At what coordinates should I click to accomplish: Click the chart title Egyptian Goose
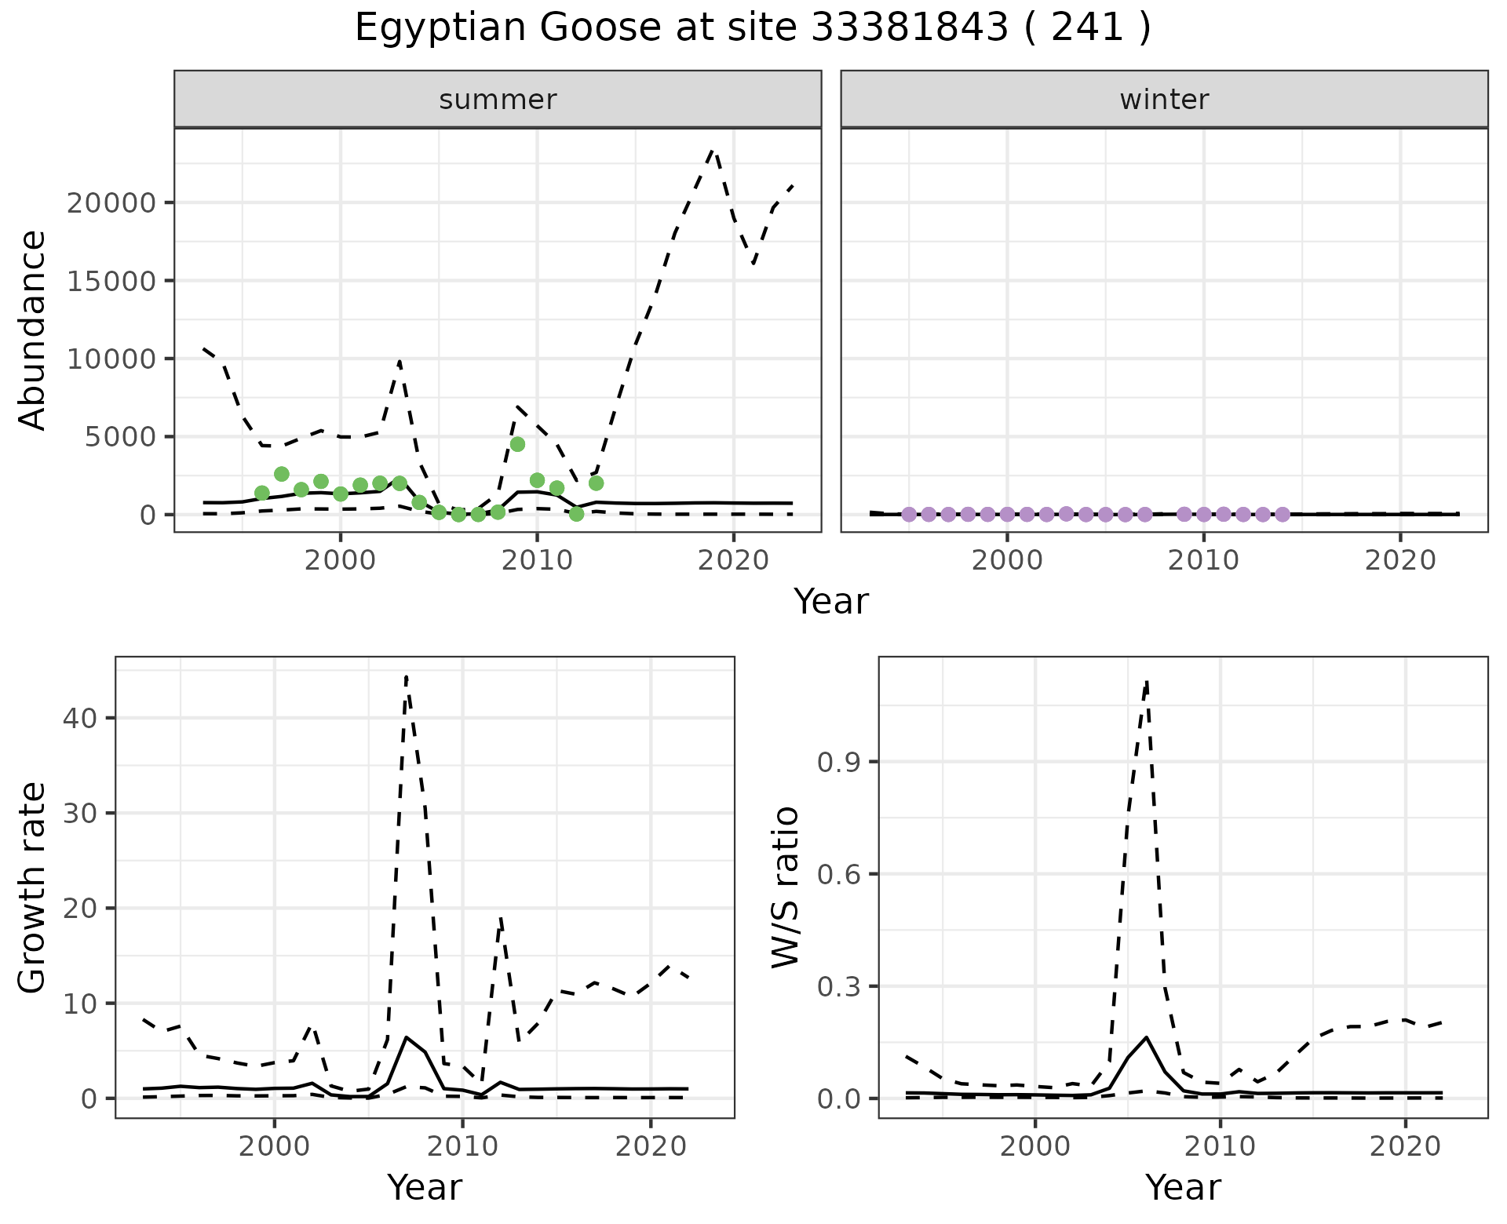pyautogui.click(x=752, y=28)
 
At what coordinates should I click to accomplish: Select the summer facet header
pyautogui.click(x=498, y=100)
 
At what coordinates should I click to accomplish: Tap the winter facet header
pyautogui.click(x=1164, y=100)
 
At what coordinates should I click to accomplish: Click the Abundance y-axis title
pyautogui.click(x=33, y=330)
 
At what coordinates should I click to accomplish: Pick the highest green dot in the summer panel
pyautogui.click(x=517, y=444)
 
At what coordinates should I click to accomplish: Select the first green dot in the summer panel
pyautogui.click(x=262, y=493)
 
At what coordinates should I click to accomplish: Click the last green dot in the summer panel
pyautogui.click(x=596, y=483)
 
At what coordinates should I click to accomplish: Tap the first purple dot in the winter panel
pyautogui.click(x=909, y=514)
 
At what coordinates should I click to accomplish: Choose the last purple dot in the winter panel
pyautogui.click(x=1283, y=514)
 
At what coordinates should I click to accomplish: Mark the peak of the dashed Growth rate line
pyautogui.click(x=406, y=676)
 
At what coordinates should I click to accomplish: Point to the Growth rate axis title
pyautogui.click(x=33, y=887)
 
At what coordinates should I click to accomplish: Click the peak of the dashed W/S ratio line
pyautogui.click(x=1147, y=681)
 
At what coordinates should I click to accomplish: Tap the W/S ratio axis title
pyautogui.click(x=785, y=887)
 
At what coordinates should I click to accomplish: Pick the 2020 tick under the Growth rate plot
pyautogui.click(x=651, y=1146)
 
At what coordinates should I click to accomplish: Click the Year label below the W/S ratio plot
pyautogui.click(x=1183, y=1188)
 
